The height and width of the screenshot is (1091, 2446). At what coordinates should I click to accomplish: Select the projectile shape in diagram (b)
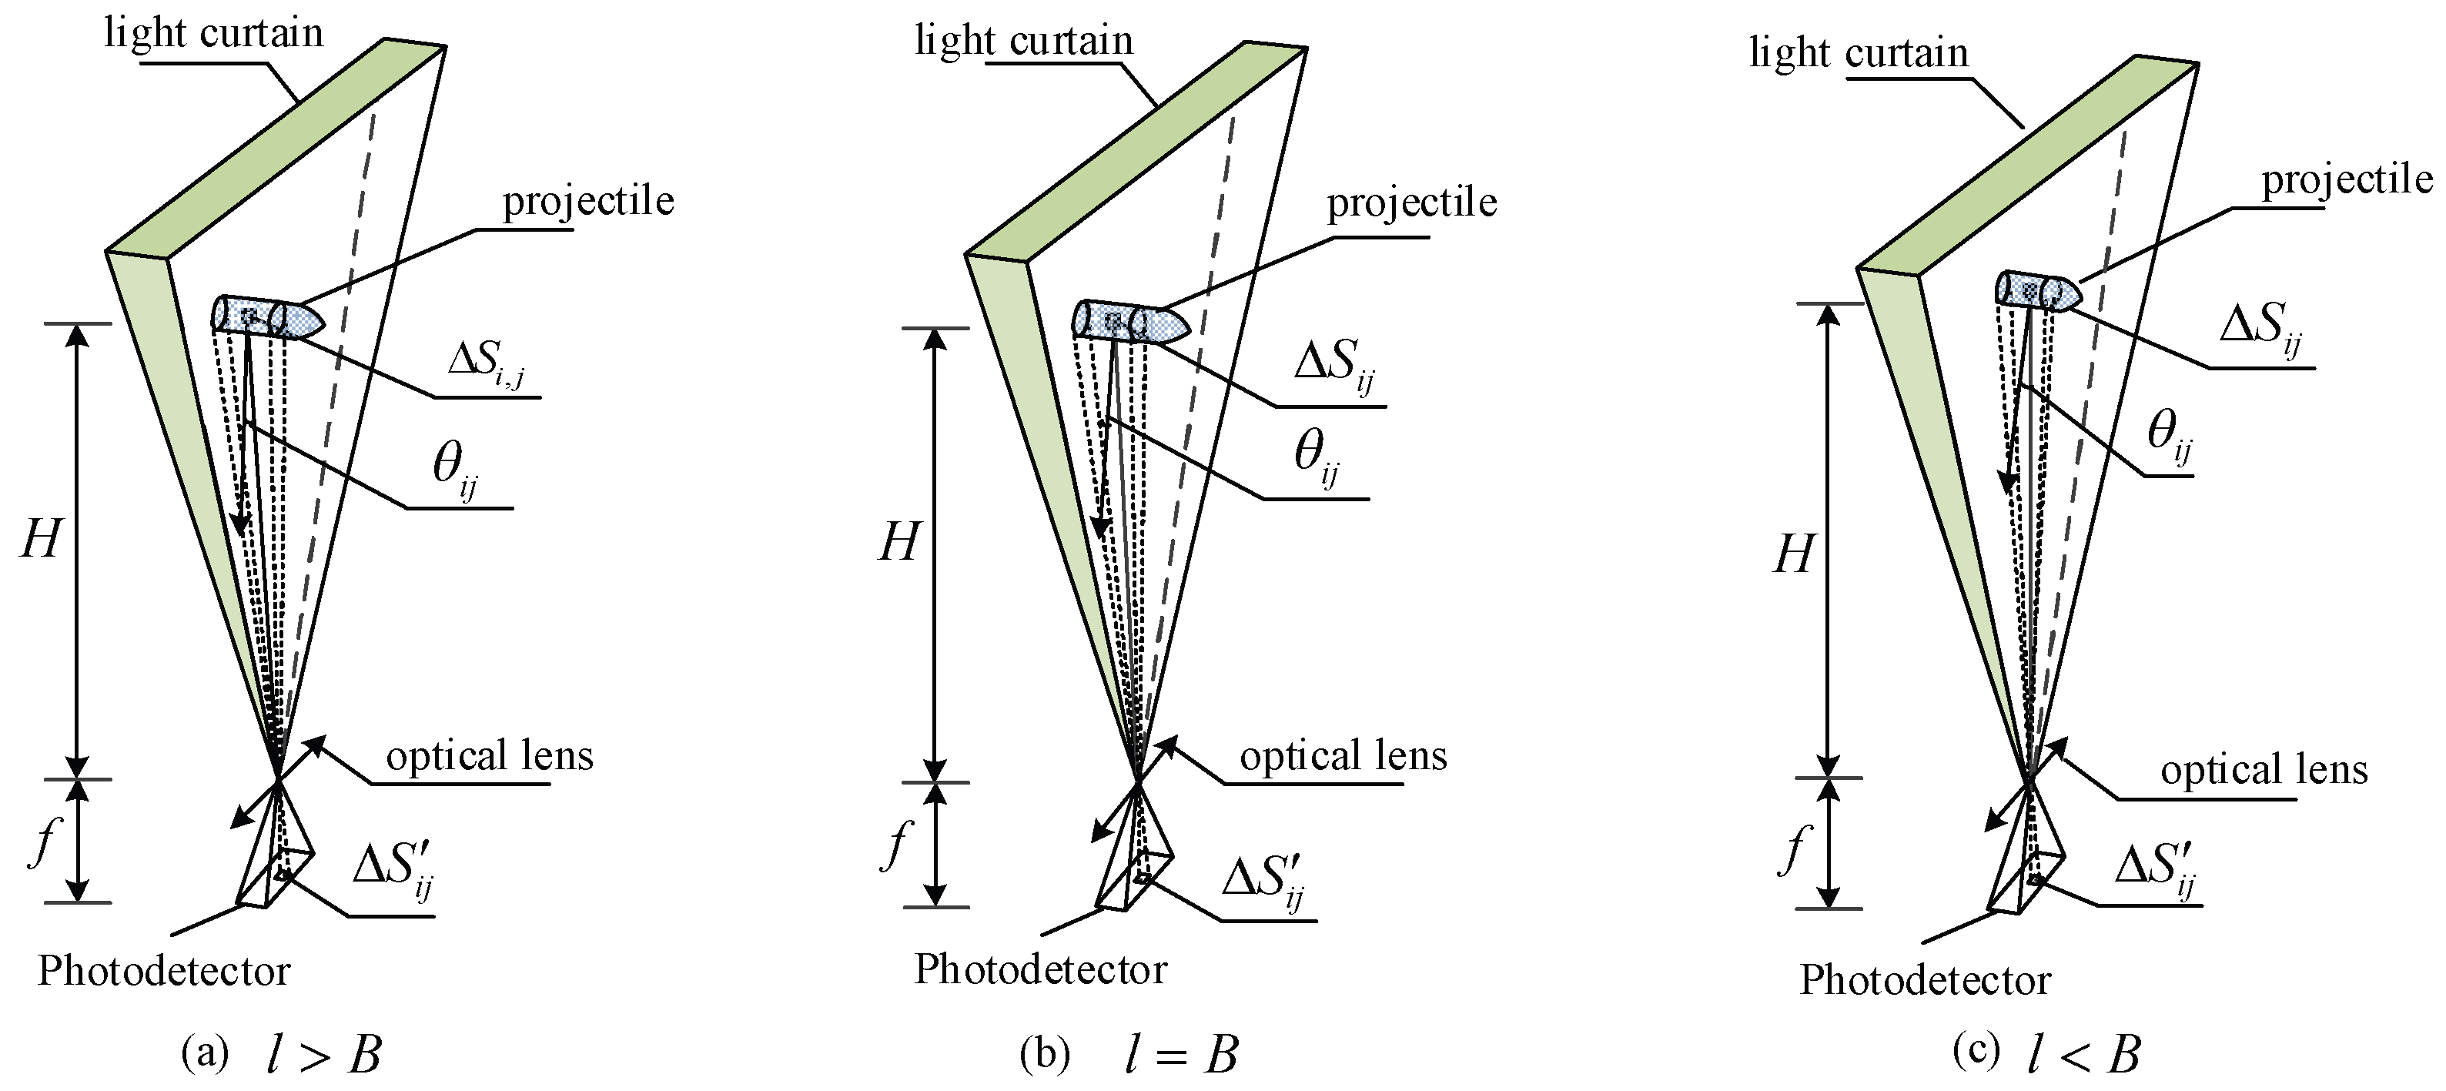[1131, 323]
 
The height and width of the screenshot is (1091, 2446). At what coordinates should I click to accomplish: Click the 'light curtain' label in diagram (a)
[213, 34]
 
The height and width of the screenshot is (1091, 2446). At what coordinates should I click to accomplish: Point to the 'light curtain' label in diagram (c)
[1859, 53]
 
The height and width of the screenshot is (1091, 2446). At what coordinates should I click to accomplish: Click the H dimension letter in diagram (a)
[41, 542]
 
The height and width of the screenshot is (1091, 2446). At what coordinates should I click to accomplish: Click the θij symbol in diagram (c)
[2170, 437]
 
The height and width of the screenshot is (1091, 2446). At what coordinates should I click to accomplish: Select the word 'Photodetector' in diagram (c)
[1925, 979]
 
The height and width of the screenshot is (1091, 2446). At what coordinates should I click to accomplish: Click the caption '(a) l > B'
[281, 1054]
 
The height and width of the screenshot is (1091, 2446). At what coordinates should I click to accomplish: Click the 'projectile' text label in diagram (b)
[1411, 202]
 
